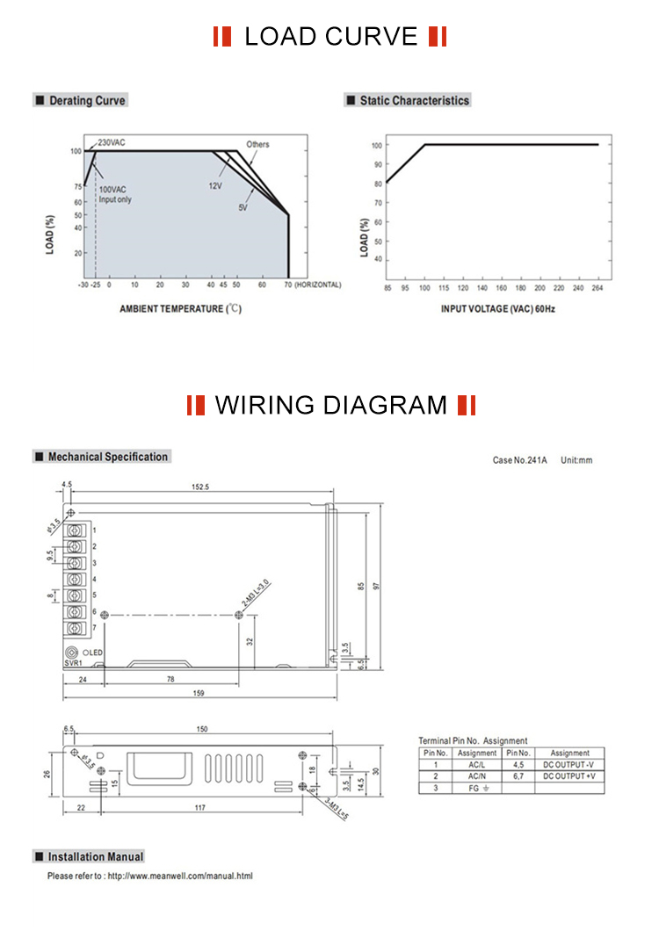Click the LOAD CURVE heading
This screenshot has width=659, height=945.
(330, 37)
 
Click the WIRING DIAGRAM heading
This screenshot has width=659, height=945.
(331, 405)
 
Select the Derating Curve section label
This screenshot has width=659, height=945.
(86, 101)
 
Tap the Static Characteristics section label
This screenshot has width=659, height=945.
(413, 101)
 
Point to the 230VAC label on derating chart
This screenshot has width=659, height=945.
(112, 142)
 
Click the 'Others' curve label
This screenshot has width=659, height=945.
(257, 144)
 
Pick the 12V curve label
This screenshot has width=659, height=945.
(214, 186)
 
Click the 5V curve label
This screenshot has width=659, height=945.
(243, 207)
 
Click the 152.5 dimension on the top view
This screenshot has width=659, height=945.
(200, 487)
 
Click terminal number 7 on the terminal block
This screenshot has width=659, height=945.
(94, 628)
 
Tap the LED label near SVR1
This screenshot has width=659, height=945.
(94, 653)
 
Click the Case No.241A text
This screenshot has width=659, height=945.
(519, 459)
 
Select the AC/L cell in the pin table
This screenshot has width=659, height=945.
(477, 765)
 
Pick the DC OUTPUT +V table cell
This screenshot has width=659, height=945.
(569, 776)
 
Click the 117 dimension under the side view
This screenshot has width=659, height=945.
(200, 807)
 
